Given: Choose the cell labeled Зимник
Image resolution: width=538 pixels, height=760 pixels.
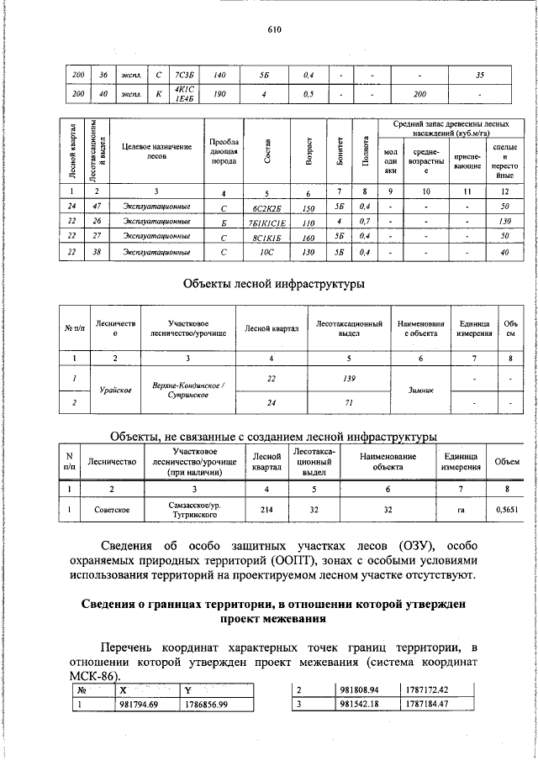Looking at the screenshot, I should (x=421, y=390).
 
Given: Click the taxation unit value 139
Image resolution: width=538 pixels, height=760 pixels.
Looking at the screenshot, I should (x=350, y=379).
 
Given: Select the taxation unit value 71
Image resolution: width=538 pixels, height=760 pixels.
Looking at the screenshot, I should (x=350, y=403).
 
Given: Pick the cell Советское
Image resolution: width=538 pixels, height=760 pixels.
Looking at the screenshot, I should (x=111, y=508).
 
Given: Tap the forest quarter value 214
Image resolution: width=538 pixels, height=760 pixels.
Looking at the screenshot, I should (x=266, y=508).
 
